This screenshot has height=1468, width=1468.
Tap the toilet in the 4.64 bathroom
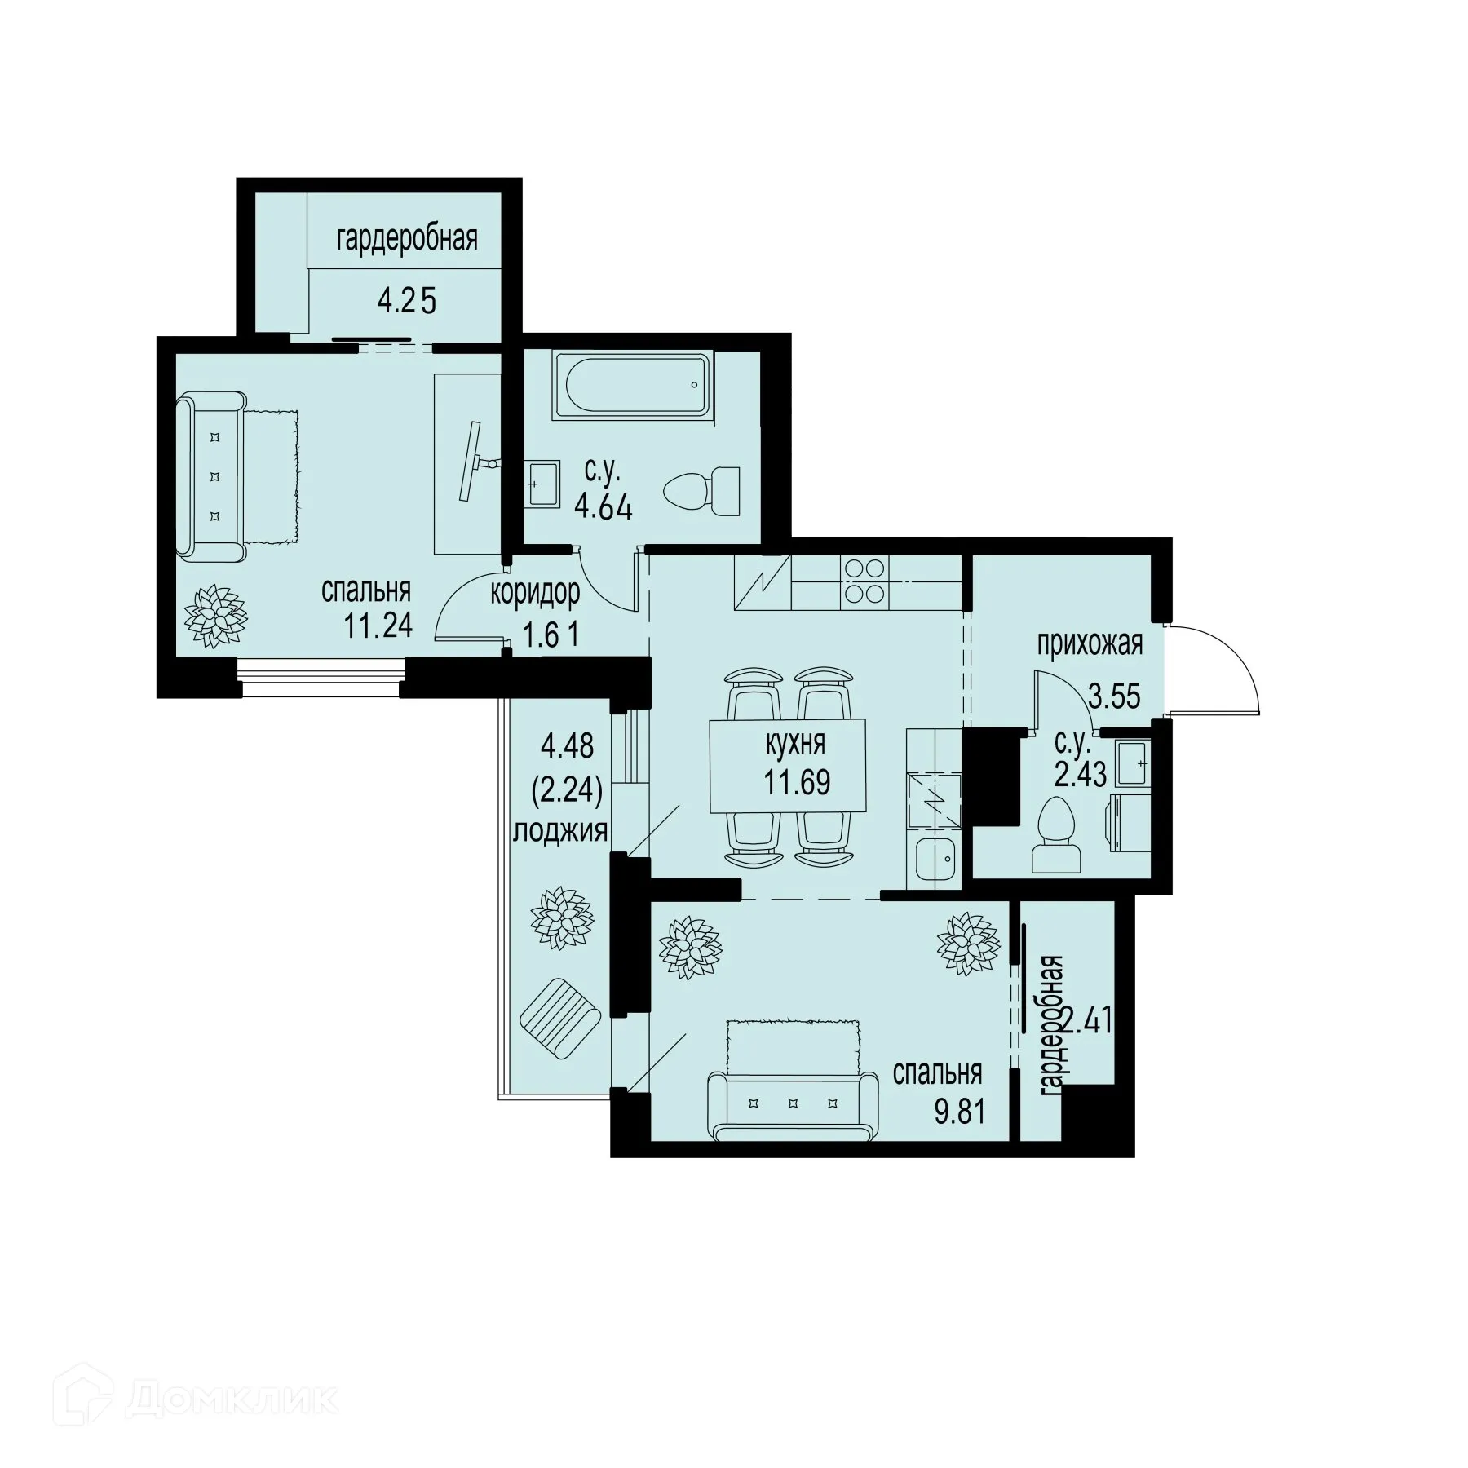(x=702, y=491)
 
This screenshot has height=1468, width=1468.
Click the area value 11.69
(x=797, y=782)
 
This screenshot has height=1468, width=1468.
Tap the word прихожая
(x=1090, y=643)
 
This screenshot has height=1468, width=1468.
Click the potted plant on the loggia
(x=561, y=918)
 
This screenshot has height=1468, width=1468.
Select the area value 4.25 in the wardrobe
(x=406, y=301)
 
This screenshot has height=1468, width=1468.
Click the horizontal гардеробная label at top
(x=406, y=240)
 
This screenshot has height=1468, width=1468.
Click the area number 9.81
(x=960, y=1111)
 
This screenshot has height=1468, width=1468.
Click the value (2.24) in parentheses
(x=566, y=789)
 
